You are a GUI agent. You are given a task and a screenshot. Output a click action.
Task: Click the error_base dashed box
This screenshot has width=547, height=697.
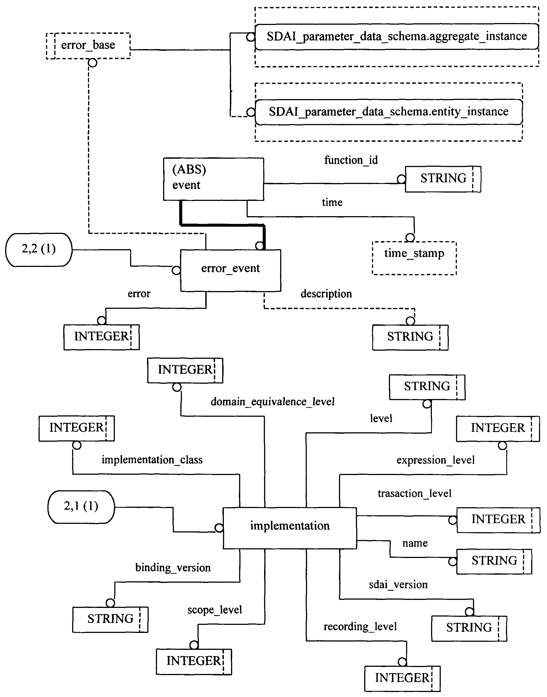coord(88,46)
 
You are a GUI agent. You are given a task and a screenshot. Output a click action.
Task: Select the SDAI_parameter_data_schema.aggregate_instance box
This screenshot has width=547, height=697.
coord(396,37)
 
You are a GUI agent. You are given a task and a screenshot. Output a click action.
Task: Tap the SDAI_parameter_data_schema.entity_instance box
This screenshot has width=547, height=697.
coord(388,112)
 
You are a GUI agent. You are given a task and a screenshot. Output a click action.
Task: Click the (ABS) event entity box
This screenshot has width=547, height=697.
coord(214,179)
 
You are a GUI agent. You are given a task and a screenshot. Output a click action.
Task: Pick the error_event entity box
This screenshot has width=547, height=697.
coord(231,270)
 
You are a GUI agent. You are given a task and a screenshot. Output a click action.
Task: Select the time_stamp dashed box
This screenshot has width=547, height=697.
coord(414,258)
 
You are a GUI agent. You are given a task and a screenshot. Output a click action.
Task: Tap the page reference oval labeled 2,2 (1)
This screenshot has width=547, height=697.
coord(39,249)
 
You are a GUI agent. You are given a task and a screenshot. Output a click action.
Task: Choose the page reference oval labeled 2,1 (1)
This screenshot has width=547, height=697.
coord(81,507)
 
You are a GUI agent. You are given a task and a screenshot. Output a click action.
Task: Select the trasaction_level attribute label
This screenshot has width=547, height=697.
coord(414,493)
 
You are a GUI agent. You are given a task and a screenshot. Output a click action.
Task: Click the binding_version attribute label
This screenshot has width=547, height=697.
coord(173,568)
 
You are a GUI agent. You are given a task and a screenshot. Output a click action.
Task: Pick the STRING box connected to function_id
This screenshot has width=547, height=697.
coord(443,179)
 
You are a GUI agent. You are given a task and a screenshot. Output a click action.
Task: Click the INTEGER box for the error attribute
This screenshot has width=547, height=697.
coord(102,337)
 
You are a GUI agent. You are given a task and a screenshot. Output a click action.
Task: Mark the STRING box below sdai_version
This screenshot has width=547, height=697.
coord(469,628)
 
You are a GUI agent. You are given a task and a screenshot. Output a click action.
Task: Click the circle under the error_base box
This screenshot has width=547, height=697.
coord(93,62)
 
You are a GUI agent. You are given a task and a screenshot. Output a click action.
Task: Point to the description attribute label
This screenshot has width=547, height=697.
coord(326,294)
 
